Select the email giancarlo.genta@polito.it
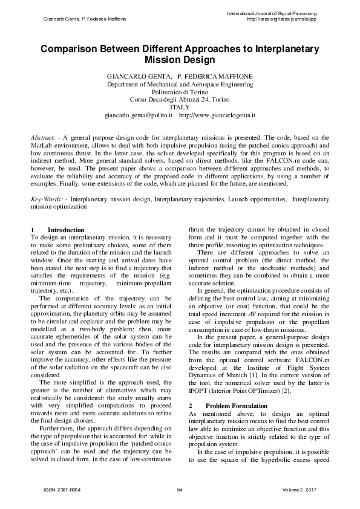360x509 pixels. point(139,114)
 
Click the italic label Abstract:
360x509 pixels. point(43,138)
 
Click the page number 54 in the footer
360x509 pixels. point(180,489)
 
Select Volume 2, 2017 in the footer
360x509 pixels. point(300,489)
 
